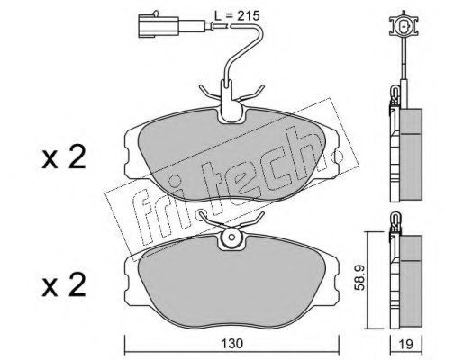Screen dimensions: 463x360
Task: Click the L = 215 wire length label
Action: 237,15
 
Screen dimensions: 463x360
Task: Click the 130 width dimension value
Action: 231,344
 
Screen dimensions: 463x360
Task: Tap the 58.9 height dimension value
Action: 360,277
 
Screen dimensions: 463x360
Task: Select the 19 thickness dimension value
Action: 406,345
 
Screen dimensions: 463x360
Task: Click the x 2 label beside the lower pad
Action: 64,285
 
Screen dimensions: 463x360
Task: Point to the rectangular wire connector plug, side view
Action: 159,26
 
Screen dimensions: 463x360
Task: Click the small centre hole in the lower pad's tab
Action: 231,237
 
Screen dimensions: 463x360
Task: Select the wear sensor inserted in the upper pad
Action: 231,102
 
